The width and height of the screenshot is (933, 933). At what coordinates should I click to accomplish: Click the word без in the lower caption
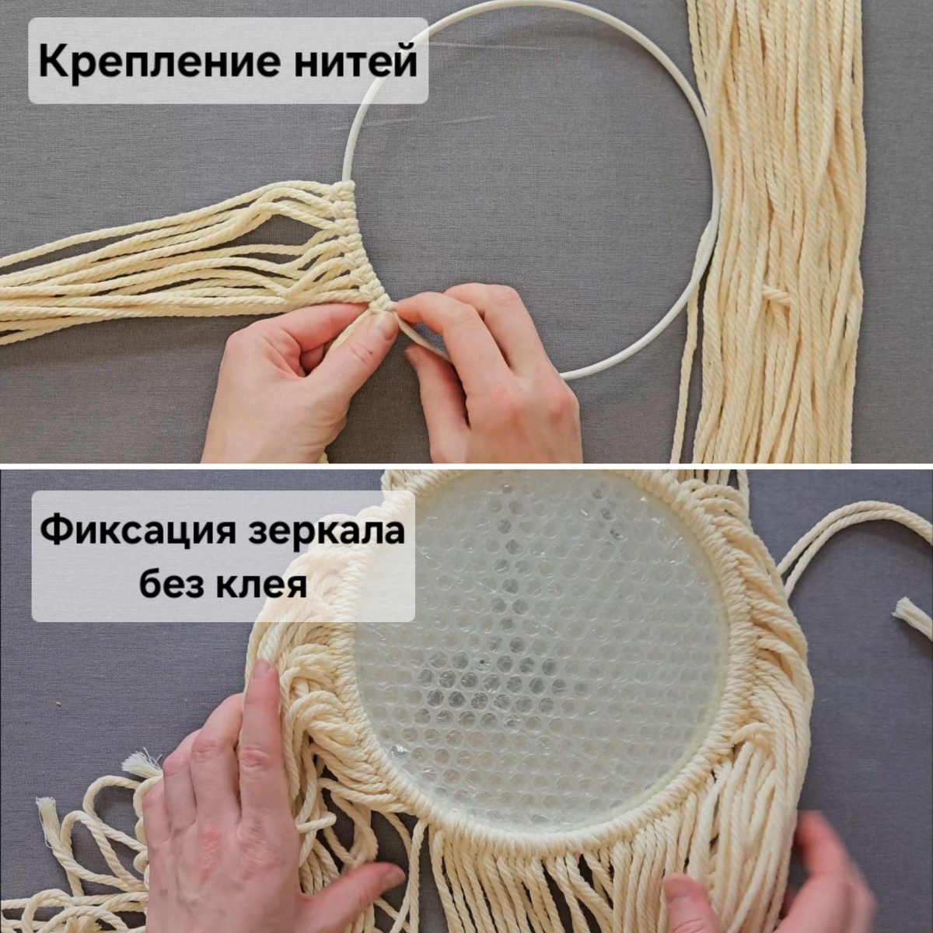click(x=173, y=584)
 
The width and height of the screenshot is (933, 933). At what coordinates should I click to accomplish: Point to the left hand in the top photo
click(x=288, y=381)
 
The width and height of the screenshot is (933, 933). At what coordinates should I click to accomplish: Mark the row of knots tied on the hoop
click(x=354, y=241)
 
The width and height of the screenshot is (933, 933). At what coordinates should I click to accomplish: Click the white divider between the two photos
click(x=466, y=466)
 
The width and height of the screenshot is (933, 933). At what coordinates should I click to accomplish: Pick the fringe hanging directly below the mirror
click(x=544, y=879)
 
